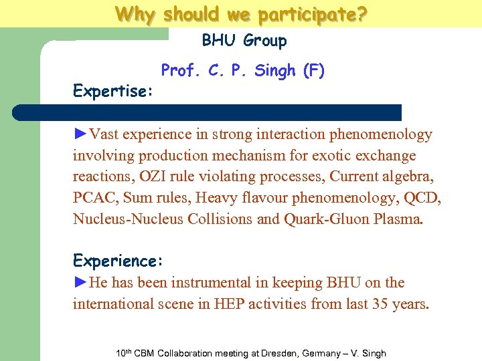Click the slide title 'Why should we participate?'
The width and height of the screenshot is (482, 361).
coord(240,13)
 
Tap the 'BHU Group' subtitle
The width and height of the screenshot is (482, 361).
coord(244,41)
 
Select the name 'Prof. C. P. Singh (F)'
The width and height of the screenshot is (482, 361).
coord(243,71)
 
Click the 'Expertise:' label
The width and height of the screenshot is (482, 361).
coord(113,91)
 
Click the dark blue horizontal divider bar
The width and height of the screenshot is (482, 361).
coord(208,112)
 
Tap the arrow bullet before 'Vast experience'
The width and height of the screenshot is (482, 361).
coord(80,134)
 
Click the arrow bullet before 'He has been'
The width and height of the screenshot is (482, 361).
coord(80,283)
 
